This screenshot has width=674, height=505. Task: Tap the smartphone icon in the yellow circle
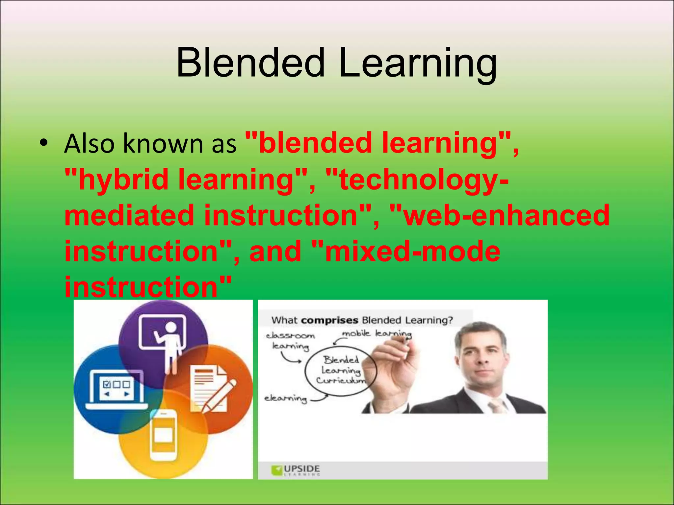click(163, 436)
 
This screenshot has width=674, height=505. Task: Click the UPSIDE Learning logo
click(296, 470)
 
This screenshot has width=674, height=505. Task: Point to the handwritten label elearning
click(285, 398)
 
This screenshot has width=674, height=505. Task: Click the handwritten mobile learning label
click(377, 334)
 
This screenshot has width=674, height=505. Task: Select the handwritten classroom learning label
click(290, 341)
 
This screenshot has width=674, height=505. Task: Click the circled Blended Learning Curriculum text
click(341, 370)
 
